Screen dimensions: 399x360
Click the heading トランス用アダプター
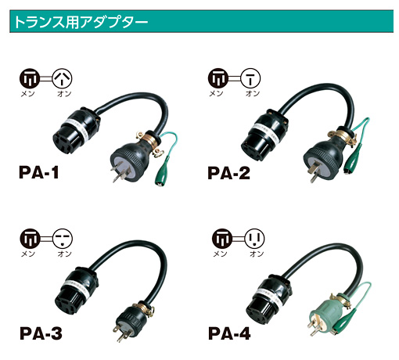(81, 22)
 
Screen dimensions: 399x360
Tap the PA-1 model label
(39, 172)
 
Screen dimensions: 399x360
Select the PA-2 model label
(228, 173)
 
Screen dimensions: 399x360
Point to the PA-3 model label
(41, 333)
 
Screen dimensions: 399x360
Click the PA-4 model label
(229, 333)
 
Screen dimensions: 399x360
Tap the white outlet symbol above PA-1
(62, 78)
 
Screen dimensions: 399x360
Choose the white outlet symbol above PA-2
(250, 78)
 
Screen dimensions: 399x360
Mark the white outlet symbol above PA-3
(63, 239)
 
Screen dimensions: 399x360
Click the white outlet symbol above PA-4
(255, 238)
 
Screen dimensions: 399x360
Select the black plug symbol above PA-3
(31, 239)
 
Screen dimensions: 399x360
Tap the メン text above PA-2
(217, 93)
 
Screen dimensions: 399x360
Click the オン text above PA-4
(257, 254)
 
